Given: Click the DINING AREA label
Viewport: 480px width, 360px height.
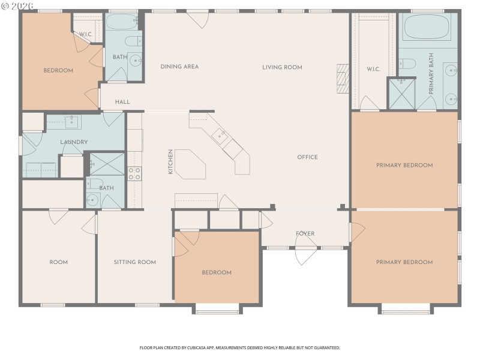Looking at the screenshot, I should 179,67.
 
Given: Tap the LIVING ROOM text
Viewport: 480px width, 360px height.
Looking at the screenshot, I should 282,67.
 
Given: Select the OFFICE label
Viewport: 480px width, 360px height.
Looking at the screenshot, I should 307,157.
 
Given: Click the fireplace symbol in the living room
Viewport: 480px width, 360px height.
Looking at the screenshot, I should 343,78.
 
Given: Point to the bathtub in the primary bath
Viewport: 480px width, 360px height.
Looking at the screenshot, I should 427,27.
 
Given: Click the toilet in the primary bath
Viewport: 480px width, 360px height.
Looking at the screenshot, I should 407,64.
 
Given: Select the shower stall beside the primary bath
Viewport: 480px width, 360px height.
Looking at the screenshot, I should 401,95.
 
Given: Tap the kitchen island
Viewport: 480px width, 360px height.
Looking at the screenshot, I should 191,164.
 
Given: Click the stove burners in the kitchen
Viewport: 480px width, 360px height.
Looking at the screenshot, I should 134,173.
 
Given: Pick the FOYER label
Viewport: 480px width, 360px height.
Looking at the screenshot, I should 305,233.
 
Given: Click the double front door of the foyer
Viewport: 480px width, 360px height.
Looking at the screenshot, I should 306,254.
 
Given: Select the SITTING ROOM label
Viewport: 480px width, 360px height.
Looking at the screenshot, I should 135,262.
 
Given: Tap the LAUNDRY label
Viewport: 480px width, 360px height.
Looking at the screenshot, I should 74,142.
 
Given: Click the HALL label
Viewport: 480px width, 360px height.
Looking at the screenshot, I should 122,102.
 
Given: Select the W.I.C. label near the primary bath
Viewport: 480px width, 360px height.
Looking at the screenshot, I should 373,69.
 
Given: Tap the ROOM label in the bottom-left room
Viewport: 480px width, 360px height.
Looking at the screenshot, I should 58,262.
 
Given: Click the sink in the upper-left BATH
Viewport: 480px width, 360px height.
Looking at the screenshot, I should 136,60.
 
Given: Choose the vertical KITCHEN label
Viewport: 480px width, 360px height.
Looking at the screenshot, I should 170,162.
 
